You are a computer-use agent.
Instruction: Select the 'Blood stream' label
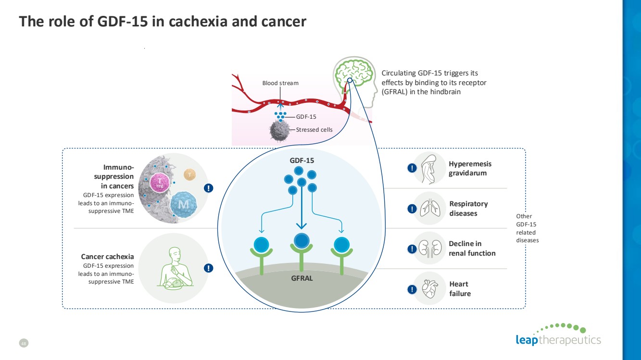click(280, 83)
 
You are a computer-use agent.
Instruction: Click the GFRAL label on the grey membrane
click(302, 278)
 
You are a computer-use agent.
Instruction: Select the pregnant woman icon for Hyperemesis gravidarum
click(429, 168)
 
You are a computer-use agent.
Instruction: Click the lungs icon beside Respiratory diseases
click(429, 209)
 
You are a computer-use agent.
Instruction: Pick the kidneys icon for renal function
click(429, 248)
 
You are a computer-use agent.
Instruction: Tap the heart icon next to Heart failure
click(429, 288)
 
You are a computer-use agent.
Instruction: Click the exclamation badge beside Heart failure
click(412, 289)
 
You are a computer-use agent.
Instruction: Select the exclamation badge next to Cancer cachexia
click(208, 268)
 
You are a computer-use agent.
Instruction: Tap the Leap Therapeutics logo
click(558, 335)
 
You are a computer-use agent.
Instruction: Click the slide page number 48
click(24, 343)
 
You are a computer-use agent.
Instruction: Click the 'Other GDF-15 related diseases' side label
click(527, 228)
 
